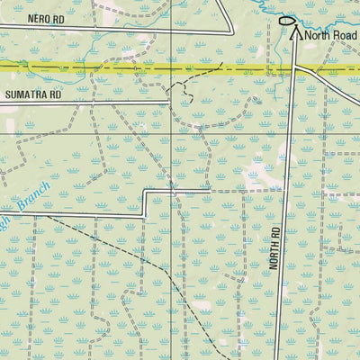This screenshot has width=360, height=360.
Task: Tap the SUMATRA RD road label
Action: [x=31, y=93]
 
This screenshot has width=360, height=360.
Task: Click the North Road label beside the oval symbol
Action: [x=331, y=35]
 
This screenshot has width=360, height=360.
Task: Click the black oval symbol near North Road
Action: [x=287, y=20]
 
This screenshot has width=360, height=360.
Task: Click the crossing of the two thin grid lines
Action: [x=172, y=132]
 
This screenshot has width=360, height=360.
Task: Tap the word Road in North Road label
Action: [x=346, y=35]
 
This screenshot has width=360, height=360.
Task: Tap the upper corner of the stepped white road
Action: [x=147, y=192]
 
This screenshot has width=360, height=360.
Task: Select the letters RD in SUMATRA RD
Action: [x=54, y=93]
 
